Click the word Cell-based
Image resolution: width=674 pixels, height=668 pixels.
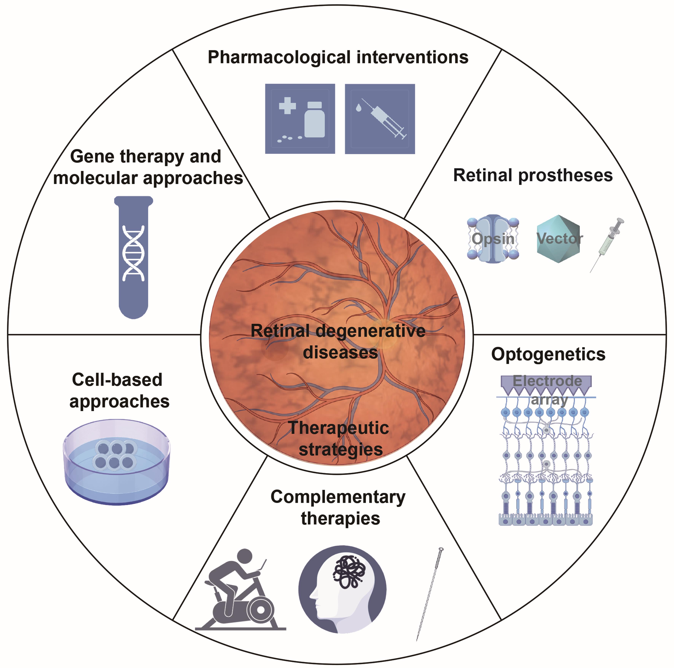click(117, 380)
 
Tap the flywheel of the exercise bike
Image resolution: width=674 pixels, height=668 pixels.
click(260, 610)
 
